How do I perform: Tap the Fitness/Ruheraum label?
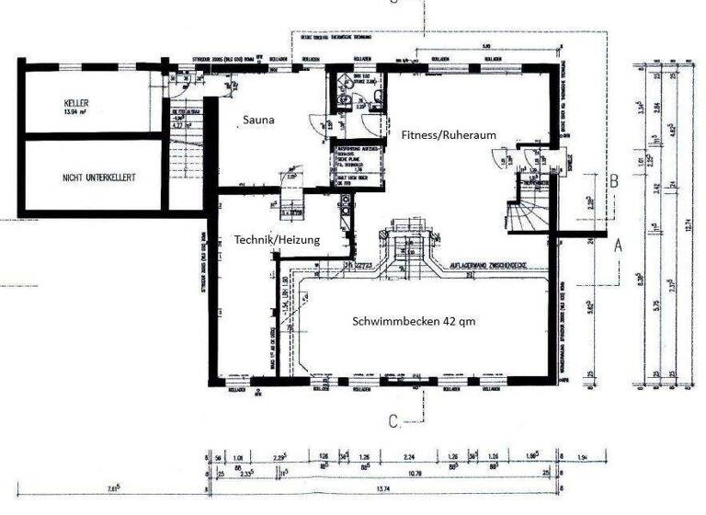(449, 134)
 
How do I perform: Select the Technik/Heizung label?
(277, 239)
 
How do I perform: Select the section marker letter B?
(612, 182)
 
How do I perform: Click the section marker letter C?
(393, 421)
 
